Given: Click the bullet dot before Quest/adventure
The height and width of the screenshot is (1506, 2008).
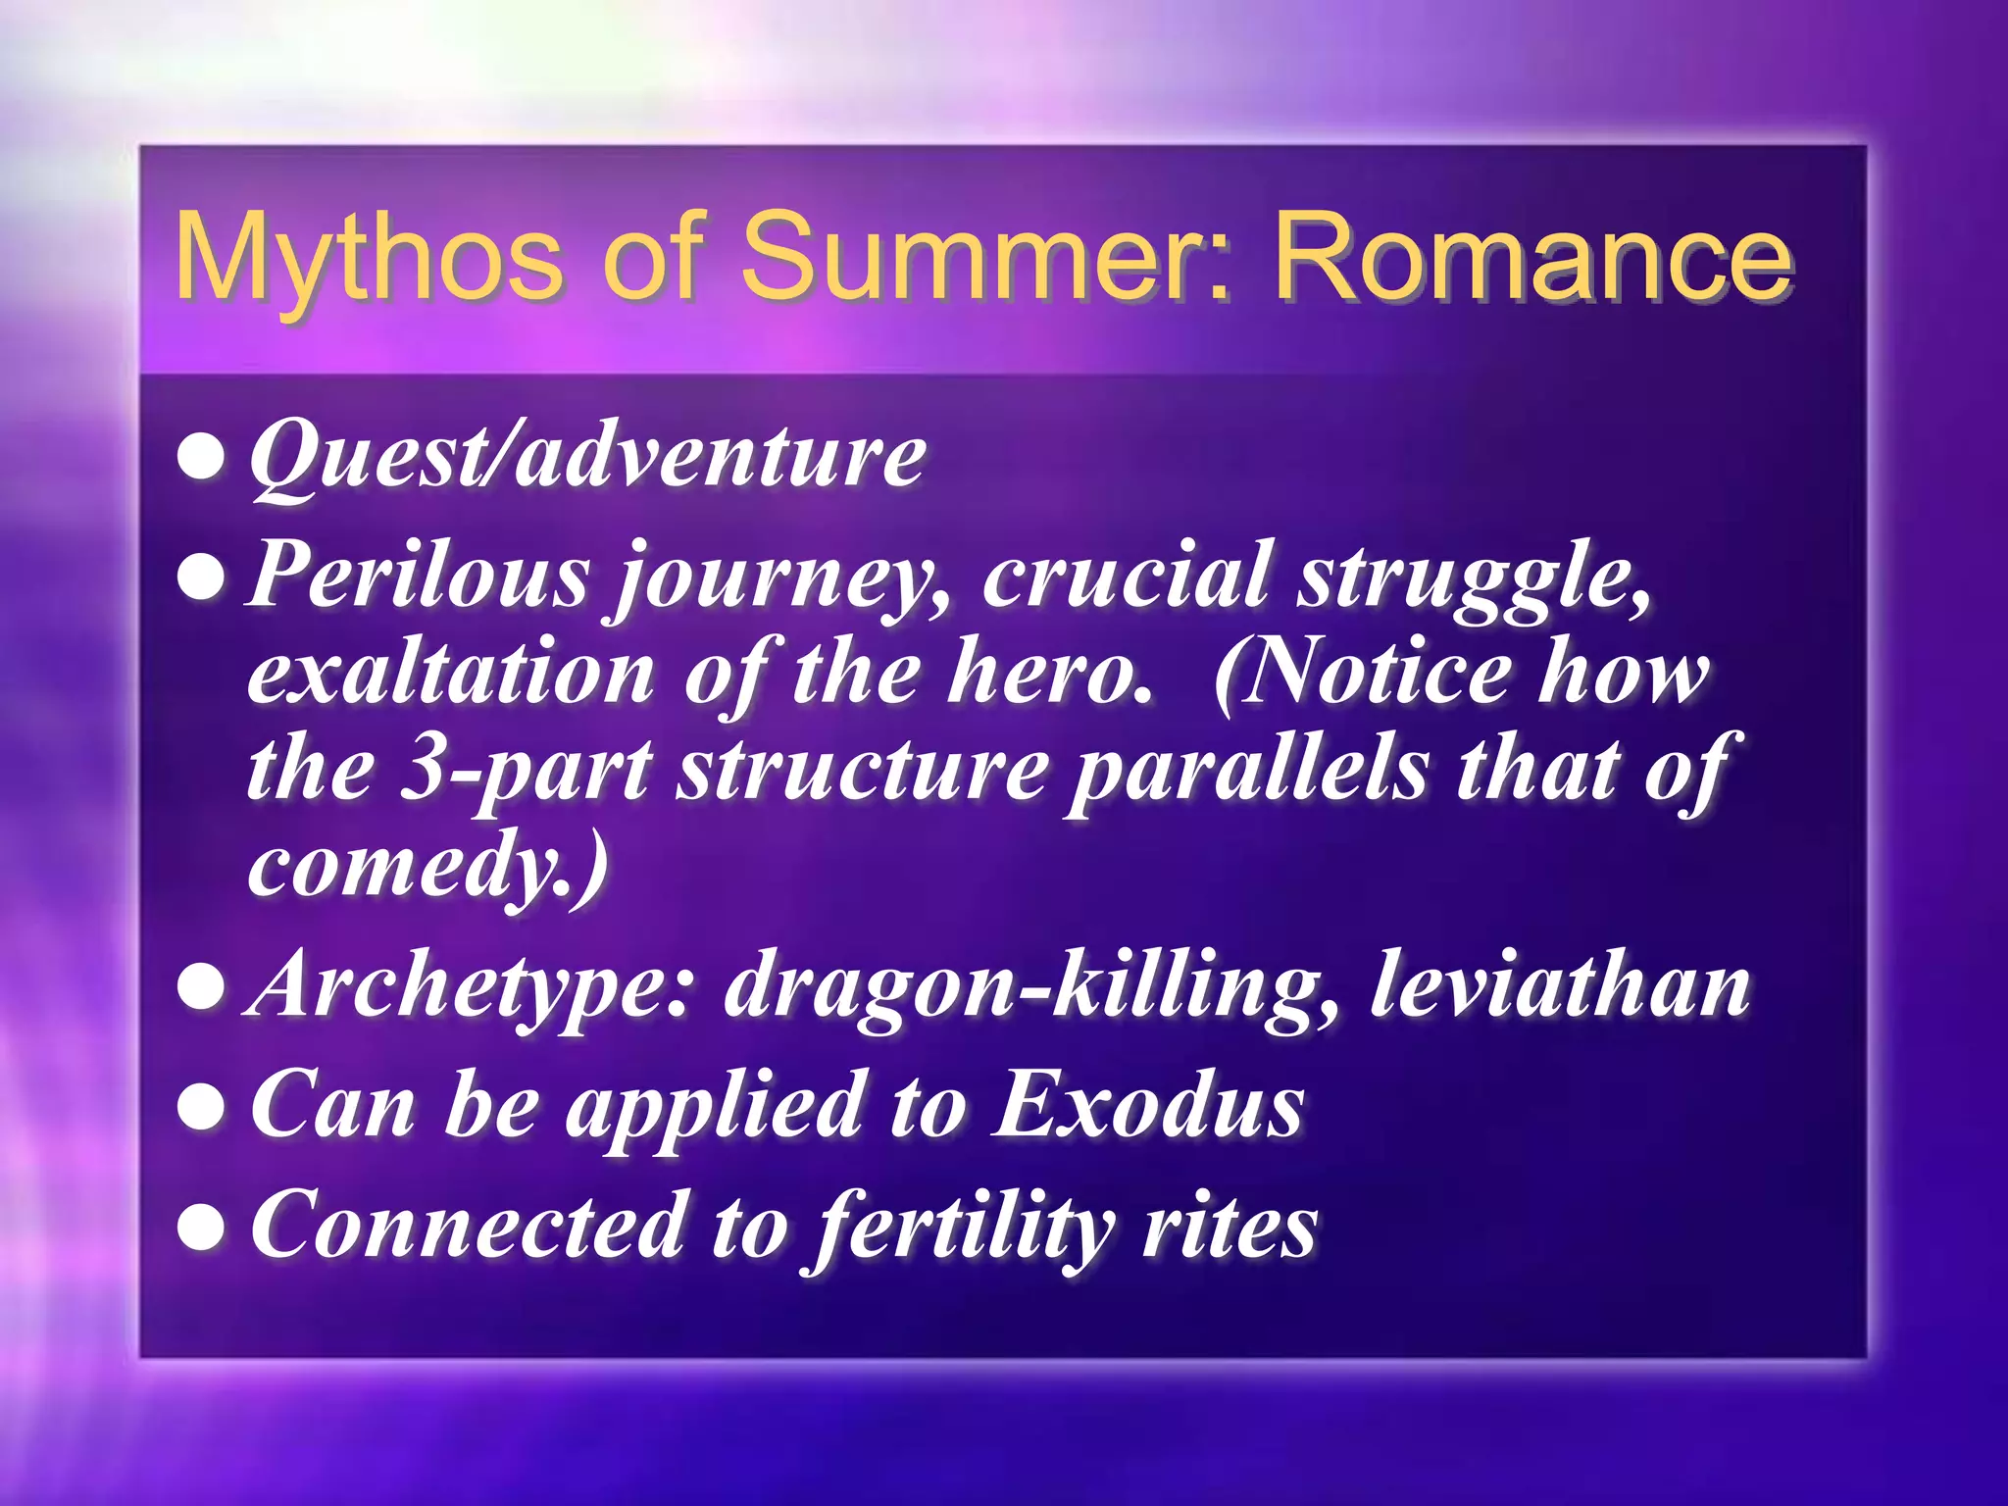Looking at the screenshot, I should pyautogui.click(x=202, y=458).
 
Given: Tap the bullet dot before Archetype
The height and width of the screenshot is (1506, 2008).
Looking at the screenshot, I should pyautogui.click(x=202, y=988).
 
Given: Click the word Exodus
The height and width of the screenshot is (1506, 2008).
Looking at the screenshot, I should pyautogui.click(x=1148, y=1106).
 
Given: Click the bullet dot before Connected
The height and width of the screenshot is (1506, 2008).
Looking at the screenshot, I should pyautogui.click(x=202, y=1228).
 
